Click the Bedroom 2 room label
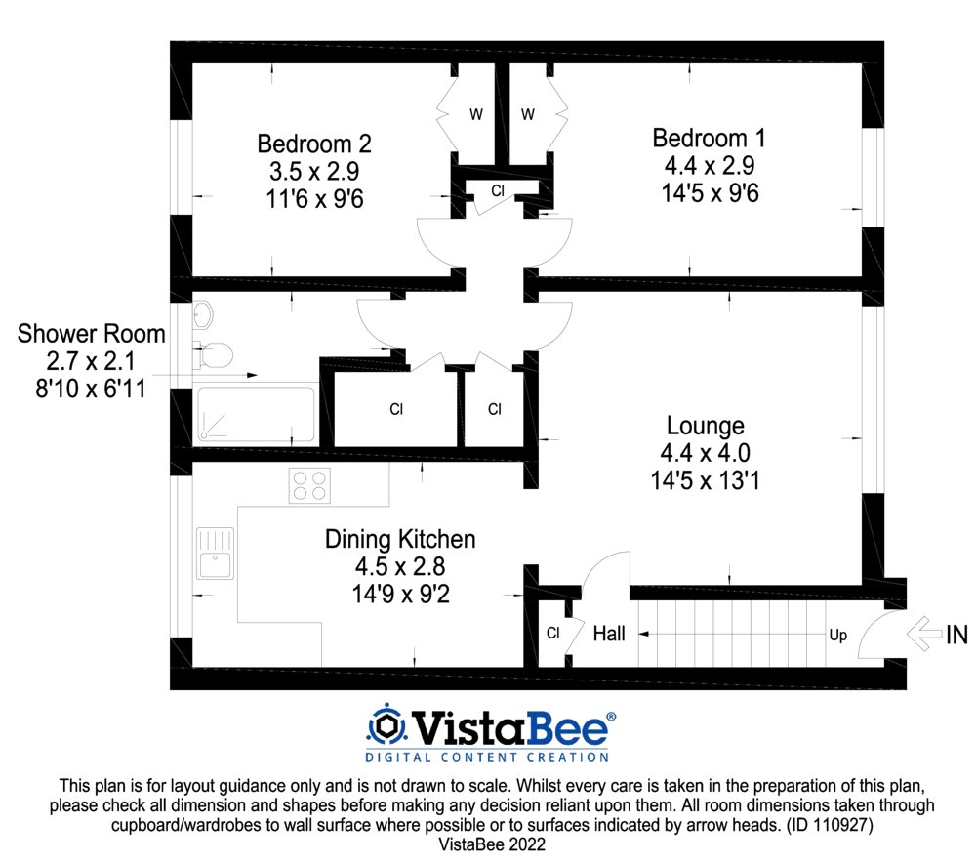click(314, 144)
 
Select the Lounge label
click(705, 426)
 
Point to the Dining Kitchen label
click(400, 539)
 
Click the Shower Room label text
click(92, 334)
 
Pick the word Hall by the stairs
click(609, 634)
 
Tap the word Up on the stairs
click(837, 635)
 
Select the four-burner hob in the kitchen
click(309, 485)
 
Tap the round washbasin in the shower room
click(204, 314)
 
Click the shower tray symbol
click(256, 415)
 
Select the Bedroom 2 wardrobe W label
click(475, 114)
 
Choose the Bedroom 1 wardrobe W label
click(528, 114)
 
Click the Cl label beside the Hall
click(552, 634)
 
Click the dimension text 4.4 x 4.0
click(705, 453)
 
